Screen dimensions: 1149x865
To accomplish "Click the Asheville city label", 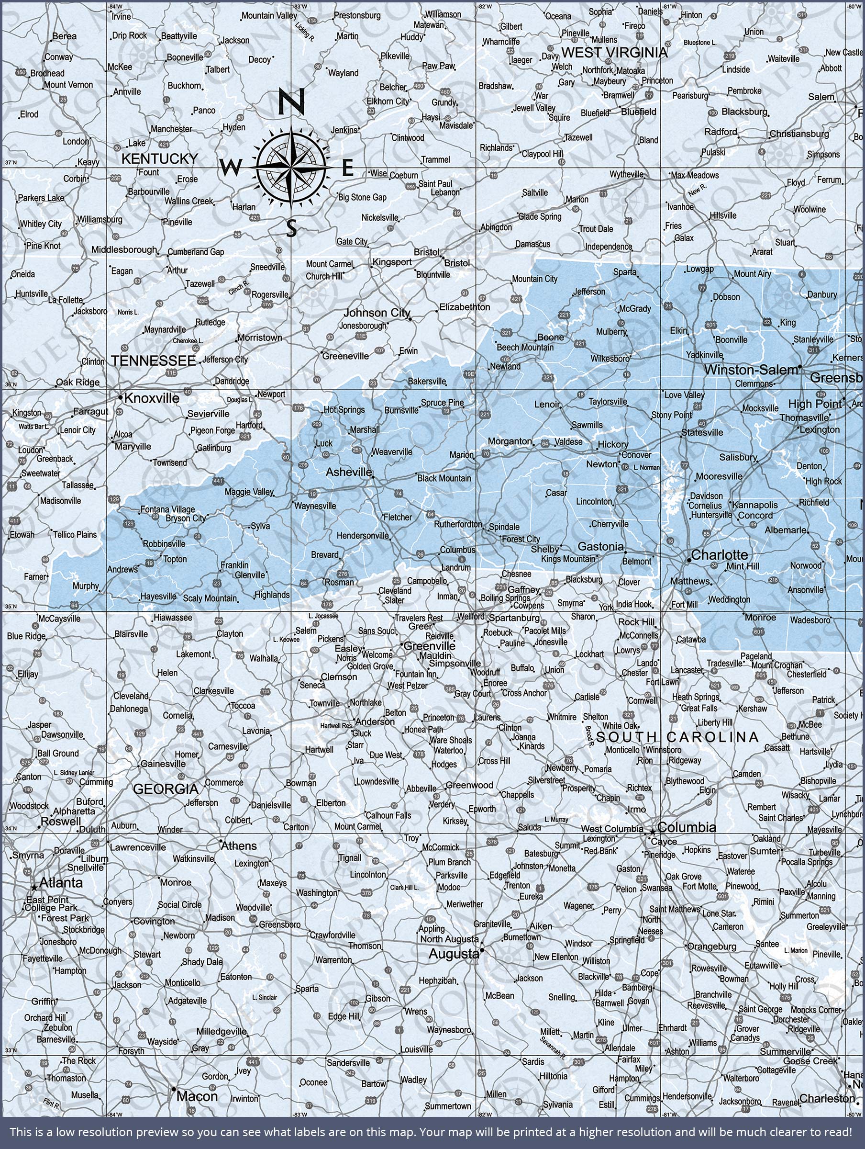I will pyautogui.click(x=348, y=472).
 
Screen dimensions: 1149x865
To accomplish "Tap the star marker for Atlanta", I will pyautogui.click(x=34, y=888).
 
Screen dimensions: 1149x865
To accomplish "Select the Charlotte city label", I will pyautogui.click(x=719, y=555).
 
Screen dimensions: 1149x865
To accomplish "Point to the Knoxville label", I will pyautogui.click(x=152, y=398).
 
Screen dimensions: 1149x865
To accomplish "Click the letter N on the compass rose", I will pyautogui.click(x=291, y=102).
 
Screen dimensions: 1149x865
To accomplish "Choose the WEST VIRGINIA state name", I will pyautogui.click(x=614, y=53).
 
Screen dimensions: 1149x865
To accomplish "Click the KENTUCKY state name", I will pyautogui.click(x=159, y=158).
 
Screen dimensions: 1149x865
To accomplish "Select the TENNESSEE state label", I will pyautogui.click(x=154, y=360).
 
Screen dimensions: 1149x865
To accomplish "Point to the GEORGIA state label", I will pyautogui.click(x=166, y=789).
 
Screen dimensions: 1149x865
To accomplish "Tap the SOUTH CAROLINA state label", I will pyautogui.click(x=677, y=737).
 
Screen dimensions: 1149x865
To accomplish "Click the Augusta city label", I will pyautogui.click(x=453, y=954).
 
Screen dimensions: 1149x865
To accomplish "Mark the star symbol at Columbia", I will pyautogui.click(x=653, y=831).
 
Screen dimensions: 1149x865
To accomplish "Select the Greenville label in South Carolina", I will pyautogui.click(x=429, y=646).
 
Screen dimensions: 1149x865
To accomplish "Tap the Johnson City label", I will pyautogui.click(x=377, y=313).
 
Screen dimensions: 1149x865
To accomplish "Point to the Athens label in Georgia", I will pyautogui.click(x=239, y=846).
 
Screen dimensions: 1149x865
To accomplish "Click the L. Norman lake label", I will pyautogui.click(x=646, y=467).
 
